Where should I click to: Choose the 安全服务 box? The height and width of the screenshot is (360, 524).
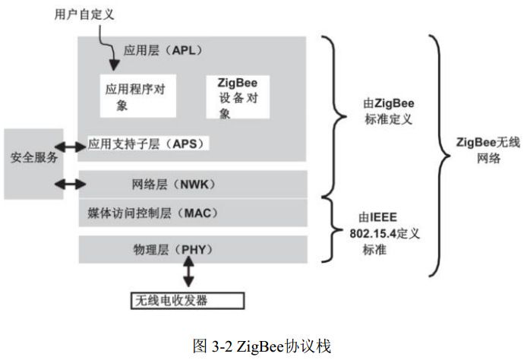(34, 159)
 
